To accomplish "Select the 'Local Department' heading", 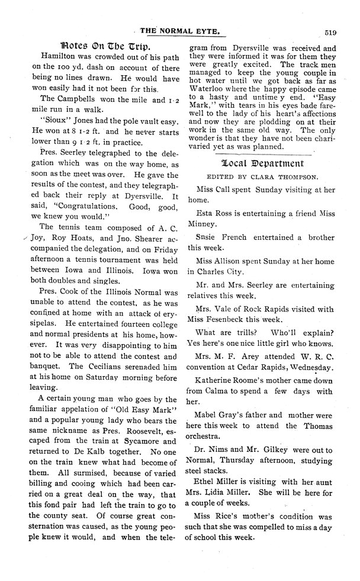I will coord(262,163).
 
